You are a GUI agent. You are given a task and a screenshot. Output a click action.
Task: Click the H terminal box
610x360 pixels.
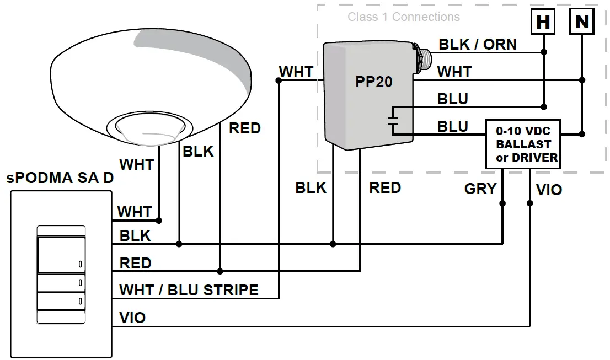543,22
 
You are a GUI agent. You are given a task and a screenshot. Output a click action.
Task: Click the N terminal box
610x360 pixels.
582,22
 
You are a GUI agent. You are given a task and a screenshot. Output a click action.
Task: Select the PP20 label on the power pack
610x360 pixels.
373,82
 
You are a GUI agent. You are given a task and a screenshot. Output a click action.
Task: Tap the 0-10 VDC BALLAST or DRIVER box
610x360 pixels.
523,144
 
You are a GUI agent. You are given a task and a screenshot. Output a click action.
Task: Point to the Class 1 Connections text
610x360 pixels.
403,17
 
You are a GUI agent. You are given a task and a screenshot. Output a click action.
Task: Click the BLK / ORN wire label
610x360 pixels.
477,44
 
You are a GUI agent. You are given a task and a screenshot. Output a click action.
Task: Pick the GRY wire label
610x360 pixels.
480,189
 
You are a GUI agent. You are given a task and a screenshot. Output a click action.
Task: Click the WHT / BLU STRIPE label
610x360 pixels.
189,290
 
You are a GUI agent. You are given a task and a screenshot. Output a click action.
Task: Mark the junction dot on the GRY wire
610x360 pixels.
502,203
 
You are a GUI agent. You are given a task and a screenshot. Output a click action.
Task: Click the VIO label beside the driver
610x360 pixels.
549,190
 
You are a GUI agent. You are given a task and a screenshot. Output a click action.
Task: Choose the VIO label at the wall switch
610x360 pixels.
132,318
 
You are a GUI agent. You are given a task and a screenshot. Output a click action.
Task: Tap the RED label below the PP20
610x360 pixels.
384,188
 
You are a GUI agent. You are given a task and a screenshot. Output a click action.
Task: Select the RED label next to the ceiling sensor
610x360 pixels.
244,128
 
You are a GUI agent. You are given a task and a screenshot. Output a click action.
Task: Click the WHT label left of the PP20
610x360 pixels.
296,72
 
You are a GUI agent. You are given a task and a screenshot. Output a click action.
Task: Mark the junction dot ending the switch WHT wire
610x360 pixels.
159,221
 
